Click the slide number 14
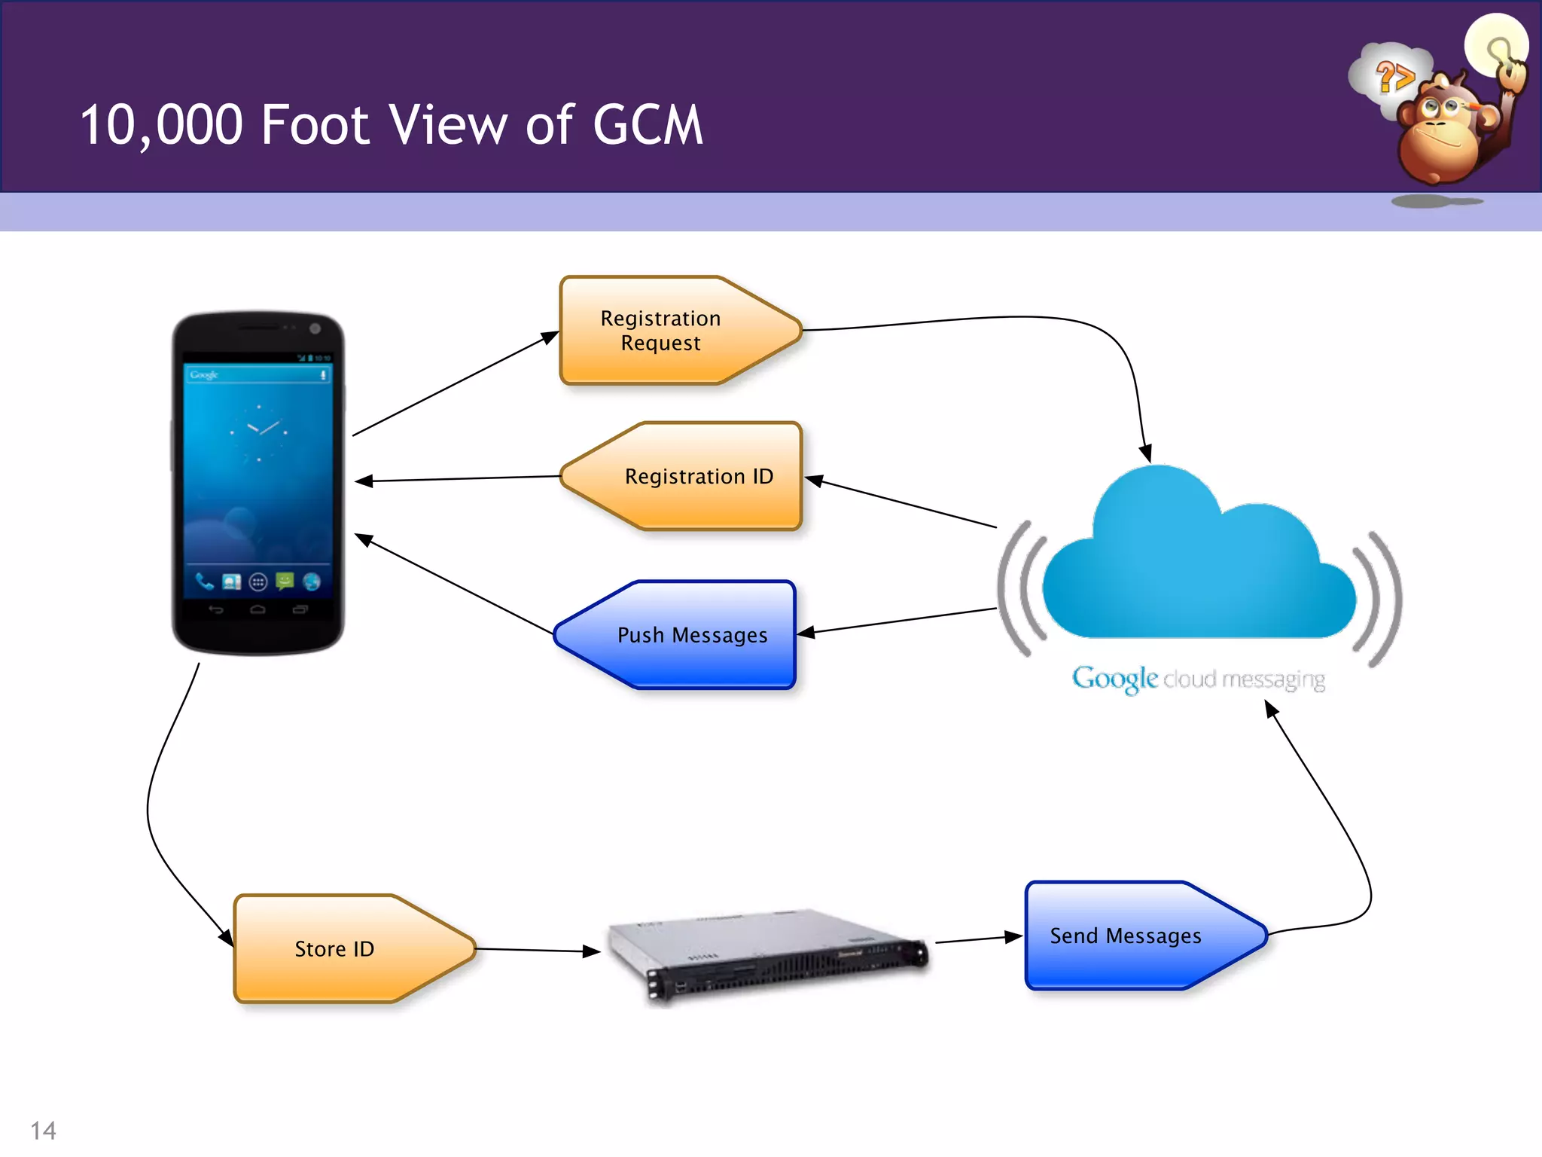point(43,1131)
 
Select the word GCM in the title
point(648,125)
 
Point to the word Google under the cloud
point(1114,679)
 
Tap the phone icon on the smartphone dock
point(204,581)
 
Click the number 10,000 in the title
point(161,125)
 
